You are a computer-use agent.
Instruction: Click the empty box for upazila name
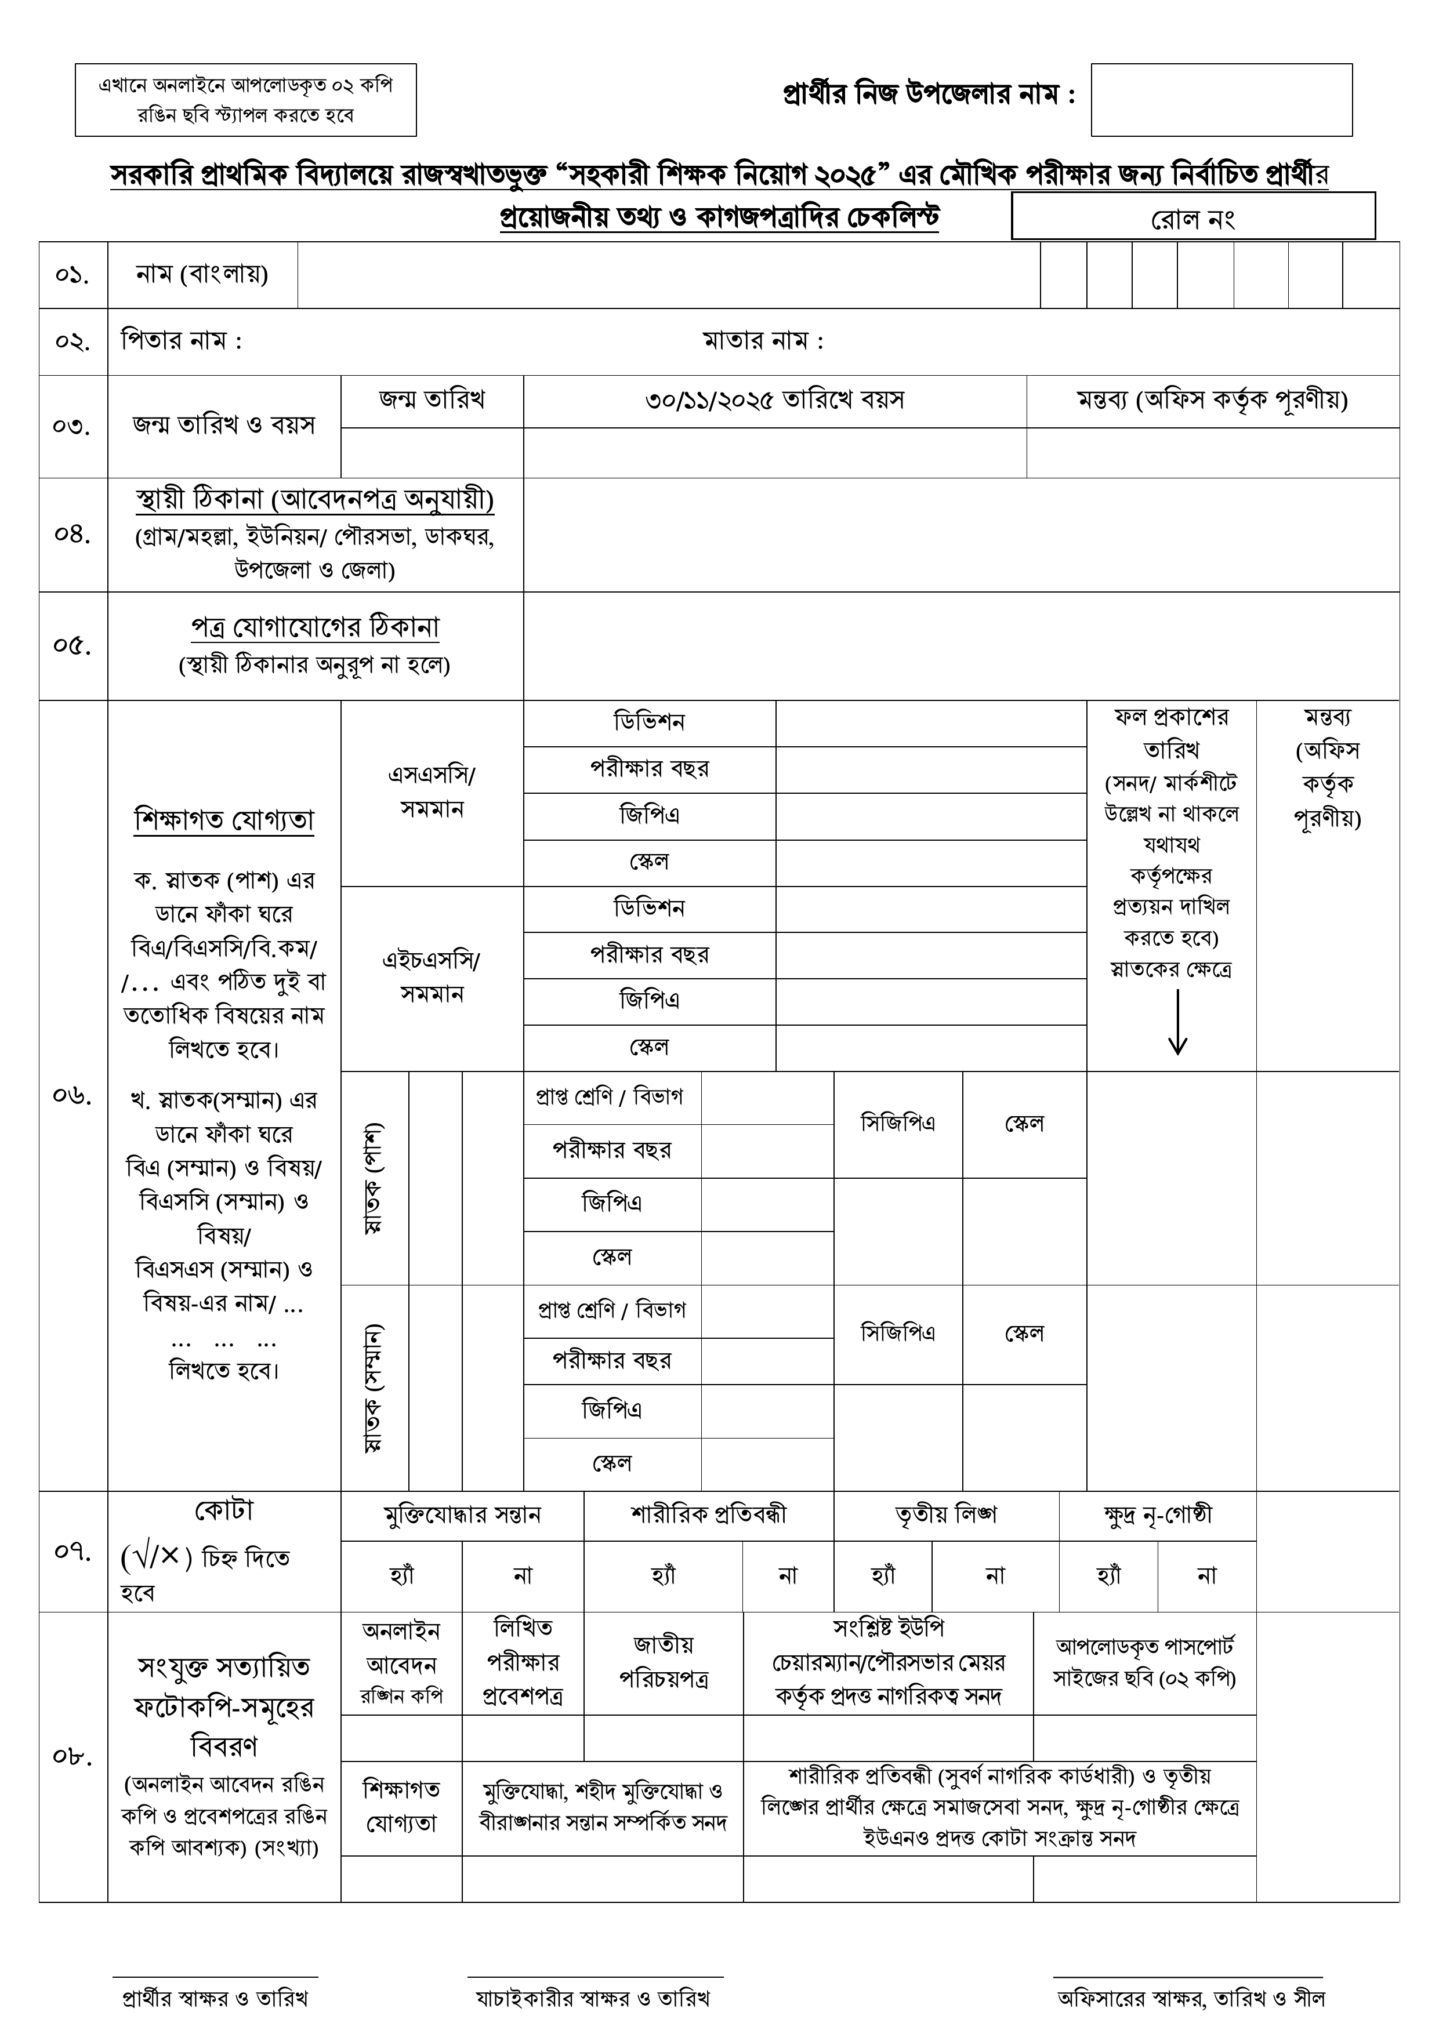(1221, 100)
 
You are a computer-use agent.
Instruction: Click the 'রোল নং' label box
(1192, 218)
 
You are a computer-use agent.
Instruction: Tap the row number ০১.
(73, 275)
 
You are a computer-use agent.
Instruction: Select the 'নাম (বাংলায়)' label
(202, 275)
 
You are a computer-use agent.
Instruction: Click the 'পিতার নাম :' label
(182, 341)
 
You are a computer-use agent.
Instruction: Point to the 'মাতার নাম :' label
(763, 341)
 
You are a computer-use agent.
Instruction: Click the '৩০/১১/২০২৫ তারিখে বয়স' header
(774, 401)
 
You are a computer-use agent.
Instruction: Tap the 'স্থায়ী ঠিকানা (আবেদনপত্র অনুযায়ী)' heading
(314, 500)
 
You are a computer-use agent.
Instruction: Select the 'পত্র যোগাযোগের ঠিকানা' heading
(314, 627)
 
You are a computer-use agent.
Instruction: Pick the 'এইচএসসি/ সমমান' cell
(432, 977)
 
